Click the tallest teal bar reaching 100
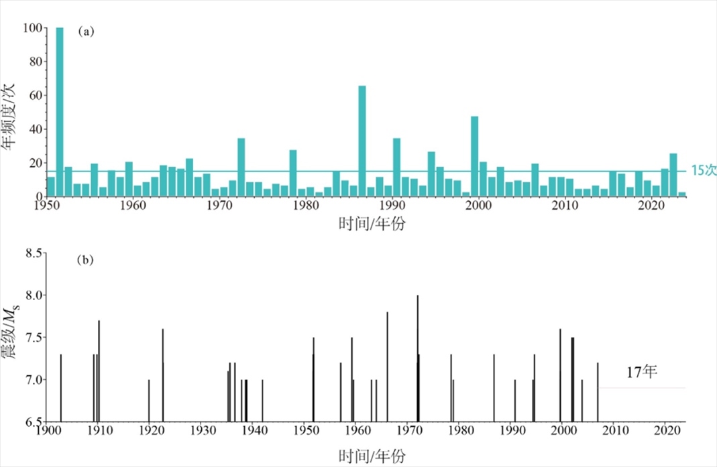point(60,111)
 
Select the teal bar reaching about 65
point(362,141)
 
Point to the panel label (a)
point(85,31)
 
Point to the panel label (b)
point(85,260)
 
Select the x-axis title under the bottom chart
point(366,456)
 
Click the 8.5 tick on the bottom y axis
point(32,253)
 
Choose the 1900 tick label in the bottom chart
point(46,432)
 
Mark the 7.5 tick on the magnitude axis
point(32,338)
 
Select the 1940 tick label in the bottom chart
point(253,432)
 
